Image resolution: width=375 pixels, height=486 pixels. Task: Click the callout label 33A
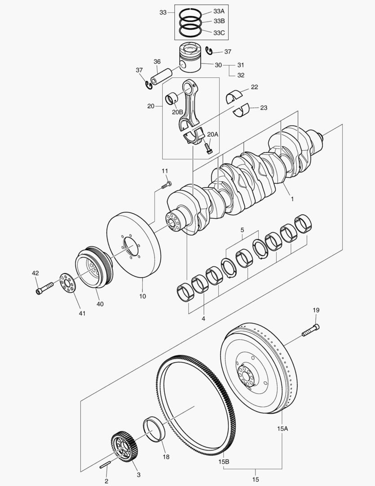tap(219, 12)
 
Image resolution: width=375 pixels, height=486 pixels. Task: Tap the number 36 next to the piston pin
tap(157, 62)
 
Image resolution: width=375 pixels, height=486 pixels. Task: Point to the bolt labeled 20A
tap(208, 147)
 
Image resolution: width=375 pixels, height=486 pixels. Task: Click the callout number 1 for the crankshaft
tap(291, 198)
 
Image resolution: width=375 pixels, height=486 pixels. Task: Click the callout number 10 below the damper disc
tap(143, 297)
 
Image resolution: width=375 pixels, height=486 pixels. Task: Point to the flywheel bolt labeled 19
tap(310, 331)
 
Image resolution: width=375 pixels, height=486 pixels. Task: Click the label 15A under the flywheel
tap(282, 429)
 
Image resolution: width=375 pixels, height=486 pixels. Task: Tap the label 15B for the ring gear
tap(224, 461)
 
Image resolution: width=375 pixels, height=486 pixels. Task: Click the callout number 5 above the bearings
tap(242, 230)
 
